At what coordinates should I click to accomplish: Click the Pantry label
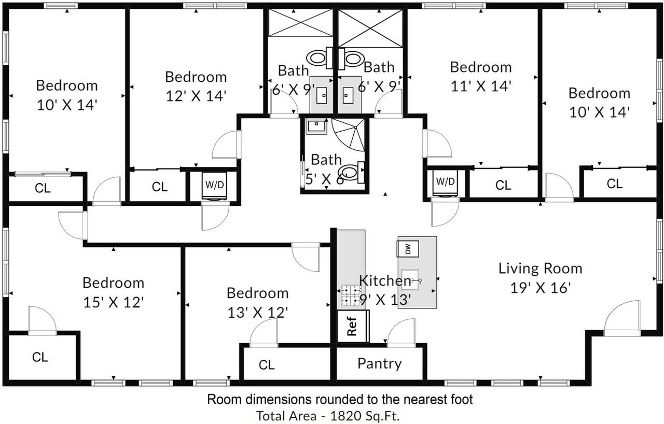point(379,363)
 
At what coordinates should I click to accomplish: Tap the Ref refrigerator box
point(352,326)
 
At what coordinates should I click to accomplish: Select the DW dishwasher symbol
point(408,249)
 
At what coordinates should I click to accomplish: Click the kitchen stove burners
point(351,295)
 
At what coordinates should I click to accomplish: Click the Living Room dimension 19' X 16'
point(541,288)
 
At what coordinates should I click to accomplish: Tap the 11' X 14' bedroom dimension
point(481,87)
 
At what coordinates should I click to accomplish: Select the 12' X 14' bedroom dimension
point(196,96)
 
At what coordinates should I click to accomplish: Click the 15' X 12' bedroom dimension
point(114,302)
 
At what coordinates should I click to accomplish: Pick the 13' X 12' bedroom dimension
point(258,313)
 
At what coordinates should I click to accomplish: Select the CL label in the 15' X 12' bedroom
point(40,357)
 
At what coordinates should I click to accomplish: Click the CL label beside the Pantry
point(267,365)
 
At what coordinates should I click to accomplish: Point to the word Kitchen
point(385,280)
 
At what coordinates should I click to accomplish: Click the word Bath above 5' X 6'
point(326,160)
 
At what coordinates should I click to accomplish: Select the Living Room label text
point(541,268)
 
